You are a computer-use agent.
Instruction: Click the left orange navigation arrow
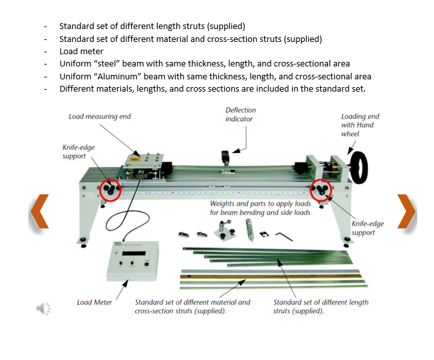[39, 212]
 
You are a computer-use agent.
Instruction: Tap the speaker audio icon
[43, 308]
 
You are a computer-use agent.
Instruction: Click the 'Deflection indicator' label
[240, 115]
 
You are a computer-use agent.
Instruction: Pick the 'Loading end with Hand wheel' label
[360, 125]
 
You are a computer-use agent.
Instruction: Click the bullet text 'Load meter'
[81, 51]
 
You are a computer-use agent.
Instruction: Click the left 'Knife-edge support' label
[78, 152]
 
